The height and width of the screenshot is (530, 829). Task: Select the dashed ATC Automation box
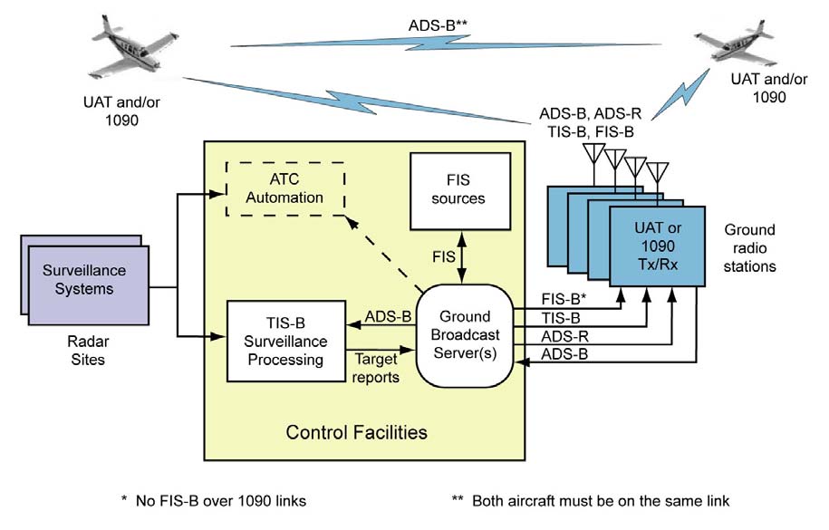pos(284,188)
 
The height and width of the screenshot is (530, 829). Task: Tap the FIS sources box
pos(460,190)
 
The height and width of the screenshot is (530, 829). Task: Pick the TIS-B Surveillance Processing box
pos(285,334)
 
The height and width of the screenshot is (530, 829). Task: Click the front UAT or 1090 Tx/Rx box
pos(657,246)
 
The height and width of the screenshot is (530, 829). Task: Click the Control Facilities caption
pos(356,432)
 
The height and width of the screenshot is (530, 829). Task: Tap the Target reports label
pos(373,367)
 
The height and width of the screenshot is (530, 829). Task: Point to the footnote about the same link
pos(591,500)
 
